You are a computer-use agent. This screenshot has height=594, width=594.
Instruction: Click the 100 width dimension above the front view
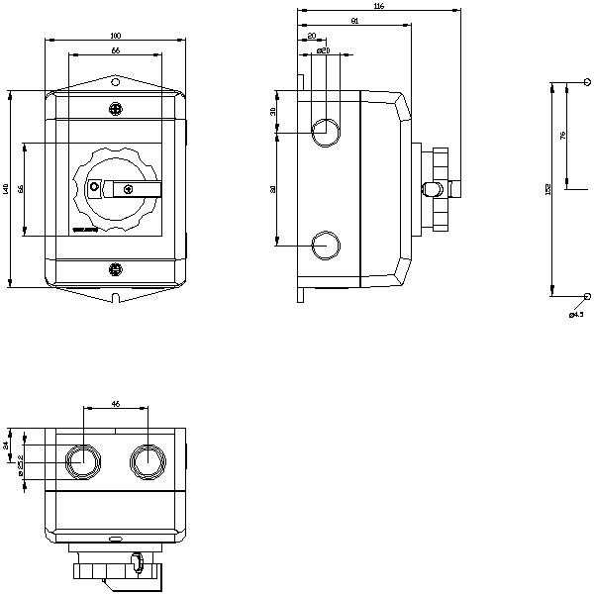116,36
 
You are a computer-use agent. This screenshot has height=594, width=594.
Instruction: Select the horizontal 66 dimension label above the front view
116,49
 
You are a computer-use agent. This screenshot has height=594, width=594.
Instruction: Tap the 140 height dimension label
6,188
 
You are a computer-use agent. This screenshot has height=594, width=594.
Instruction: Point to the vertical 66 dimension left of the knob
21,188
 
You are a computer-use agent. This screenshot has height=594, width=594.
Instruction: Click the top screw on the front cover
115,108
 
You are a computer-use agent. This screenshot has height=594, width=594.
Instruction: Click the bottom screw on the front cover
115,267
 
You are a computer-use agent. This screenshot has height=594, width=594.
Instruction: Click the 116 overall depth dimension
379,7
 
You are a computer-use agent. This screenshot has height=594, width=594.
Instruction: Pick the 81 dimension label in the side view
354,21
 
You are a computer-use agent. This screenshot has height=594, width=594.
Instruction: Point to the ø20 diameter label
322,49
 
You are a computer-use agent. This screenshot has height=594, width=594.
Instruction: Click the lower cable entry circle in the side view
325,245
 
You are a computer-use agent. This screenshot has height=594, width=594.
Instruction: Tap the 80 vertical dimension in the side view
274,188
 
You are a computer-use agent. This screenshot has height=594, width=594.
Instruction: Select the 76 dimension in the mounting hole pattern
563,137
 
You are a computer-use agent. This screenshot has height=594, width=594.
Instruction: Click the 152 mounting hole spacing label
548,189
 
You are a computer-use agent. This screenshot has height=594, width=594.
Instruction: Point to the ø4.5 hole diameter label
576,315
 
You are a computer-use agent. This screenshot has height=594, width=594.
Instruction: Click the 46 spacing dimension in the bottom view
115,404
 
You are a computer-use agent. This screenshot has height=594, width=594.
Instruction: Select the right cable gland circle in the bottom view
147,459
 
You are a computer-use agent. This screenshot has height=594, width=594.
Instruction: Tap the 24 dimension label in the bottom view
6,445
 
